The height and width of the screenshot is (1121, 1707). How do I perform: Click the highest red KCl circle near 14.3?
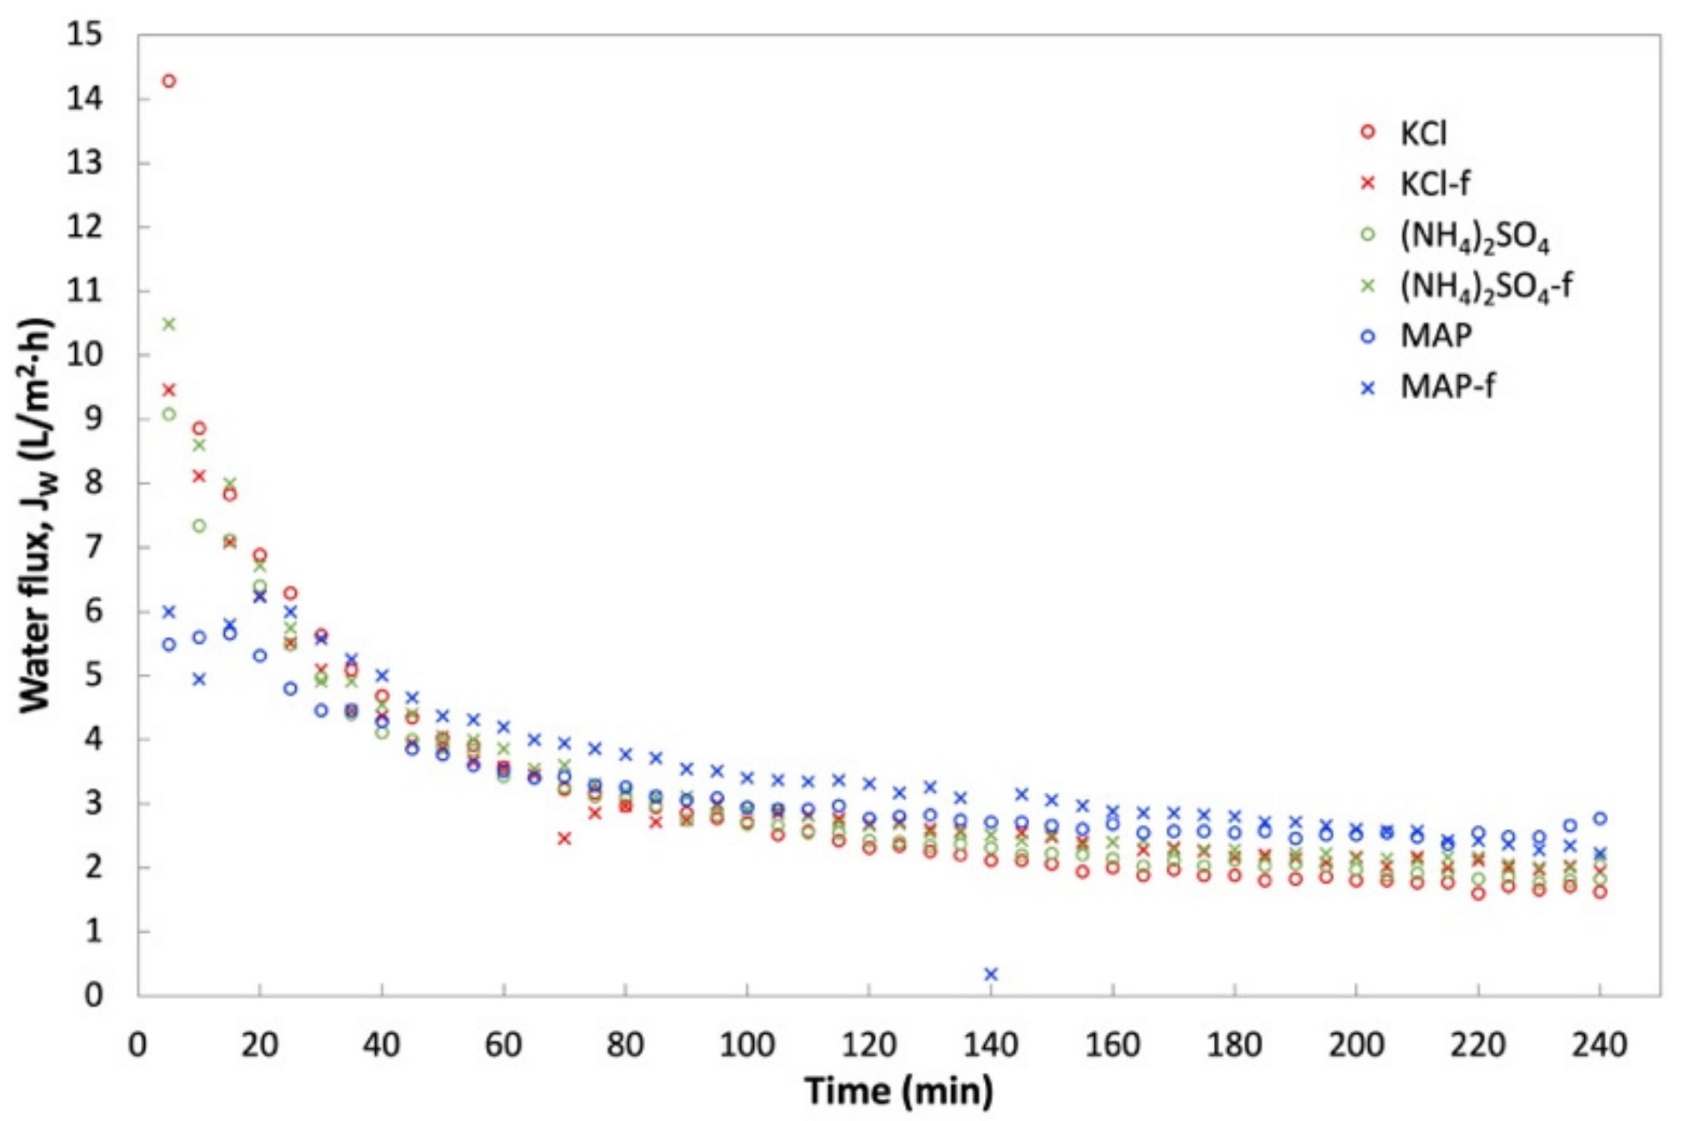click(x=169, y=81)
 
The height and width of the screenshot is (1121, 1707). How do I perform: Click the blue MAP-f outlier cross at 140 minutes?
click(x=990, y=974)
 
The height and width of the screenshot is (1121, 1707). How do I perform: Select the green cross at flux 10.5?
click(x=169, y=324)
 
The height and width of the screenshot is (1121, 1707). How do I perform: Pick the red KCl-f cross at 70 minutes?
click(x=564, y=838)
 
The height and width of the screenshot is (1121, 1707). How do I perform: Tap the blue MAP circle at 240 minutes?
click(x=1599, y=819)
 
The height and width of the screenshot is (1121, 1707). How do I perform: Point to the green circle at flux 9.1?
click(x=169, y=414)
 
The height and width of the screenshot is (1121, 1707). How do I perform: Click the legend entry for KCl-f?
click(x=1435, y=184)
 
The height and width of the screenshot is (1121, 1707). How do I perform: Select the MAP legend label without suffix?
click(x=1436, y=336)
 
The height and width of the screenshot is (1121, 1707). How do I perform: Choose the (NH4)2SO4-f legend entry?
click(x=1485, y=286)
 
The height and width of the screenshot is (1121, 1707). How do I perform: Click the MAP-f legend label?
click(x=1447, y=387)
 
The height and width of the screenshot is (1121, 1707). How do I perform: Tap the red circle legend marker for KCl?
click(x=1367, y=132)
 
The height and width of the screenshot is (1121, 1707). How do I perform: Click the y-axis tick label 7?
click(x=94, y=547)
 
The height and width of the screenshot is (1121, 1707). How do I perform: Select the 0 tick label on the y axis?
click(x=94, y=995)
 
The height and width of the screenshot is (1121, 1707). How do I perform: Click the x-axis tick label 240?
click(x=1599, y=1045)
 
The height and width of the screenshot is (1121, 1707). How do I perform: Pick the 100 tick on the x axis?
click(x=746, y=1045)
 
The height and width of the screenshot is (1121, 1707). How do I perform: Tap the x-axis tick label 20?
click(x=259, y=1045)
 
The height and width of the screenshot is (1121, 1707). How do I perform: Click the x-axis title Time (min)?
click(x=899, y=1091)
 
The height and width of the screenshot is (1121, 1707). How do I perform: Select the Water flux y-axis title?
click(x=36, y=515)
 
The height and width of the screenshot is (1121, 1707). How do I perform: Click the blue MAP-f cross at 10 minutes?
click(x=199, y=679)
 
